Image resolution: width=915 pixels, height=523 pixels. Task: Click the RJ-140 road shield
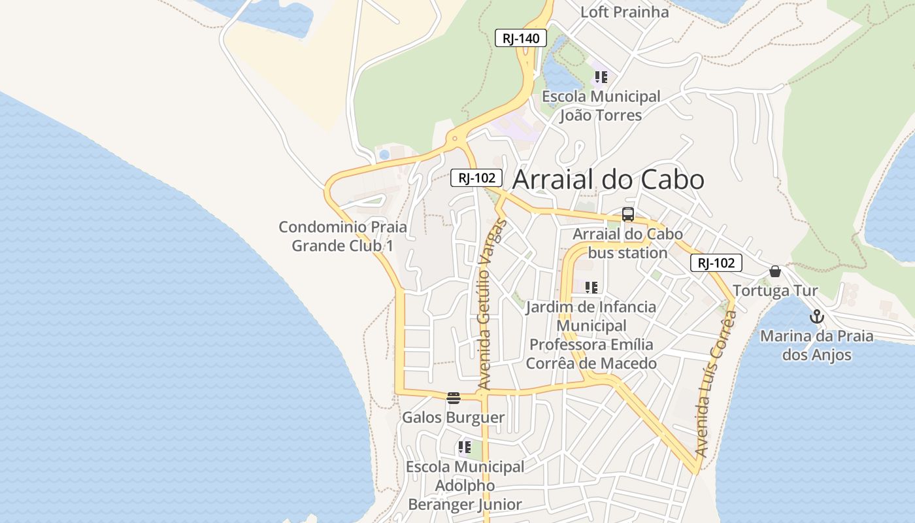[520, 39]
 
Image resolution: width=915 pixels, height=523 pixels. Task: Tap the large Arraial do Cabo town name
[608, 180]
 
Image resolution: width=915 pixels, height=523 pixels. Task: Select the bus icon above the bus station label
[627, 214]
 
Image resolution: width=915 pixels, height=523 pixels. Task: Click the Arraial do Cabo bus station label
[627, 243]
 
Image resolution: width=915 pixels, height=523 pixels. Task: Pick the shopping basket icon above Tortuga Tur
[775, 271]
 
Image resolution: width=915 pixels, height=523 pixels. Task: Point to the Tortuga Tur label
[775, 291]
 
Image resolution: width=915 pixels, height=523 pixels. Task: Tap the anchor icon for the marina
[816, 317]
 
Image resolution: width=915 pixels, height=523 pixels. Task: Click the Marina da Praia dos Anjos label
[816, 346]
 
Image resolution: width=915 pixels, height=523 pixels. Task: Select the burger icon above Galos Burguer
[453, 397]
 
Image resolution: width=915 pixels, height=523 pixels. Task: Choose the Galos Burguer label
[453, 418]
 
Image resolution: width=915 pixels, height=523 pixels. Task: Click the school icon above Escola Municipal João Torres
[601, 77]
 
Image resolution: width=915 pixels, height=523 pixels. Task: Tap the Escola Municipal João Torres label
[601, 106]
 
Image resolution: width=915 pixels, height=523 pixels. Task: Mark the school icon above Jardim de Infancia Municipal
[591, 287]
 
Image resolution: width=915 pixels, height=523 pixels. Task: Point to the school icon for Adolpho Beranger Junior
[465, 447]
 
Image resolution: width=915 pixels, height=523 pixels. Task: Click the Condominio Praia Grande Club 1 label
[342, 237]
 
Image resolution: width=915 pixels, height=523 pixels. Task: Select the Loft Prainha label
[625, 12]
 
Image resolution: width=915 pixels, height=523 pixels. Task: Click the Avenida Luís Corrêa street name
[716, 383]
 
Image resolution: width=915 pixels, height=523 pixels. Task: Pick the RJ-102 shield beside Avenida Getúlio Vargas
[476, 177]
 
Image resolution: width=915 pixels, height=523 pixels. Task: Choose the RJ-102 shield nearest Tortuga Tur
[716, 263]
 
